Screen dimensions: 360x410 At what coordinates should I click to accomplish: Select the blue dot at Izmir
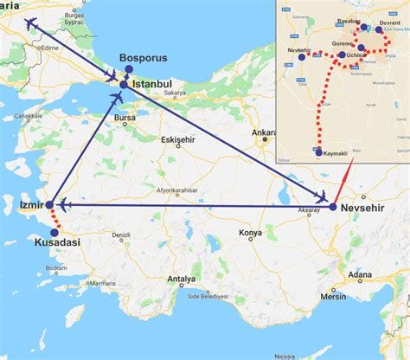point(50,205)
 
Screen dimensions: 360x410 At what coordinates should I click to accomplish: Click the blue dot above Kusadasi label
point(54,231)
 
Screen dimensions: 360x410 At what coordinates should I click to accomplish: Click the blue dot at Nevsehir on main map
point(333,206)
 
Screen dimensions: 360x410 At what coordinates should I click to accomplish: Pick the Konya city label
point(250,234)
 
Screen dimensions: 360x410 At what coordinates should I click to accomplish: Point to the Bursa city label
point(125,117)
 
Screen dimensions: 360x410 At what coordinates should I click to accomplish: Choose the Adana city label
point(360,275)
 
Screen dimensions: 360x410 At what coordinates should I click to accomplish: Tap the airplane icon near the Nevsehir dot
point(323,196)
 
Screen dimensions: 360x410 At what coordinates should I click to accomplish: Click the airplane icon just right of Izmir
point(64,205)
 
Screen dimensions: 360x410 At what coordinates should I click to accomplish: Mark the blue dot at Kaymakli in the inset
point(318,152)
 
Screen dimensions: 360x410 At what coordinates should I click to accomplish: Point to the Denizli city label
point(120,235)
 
